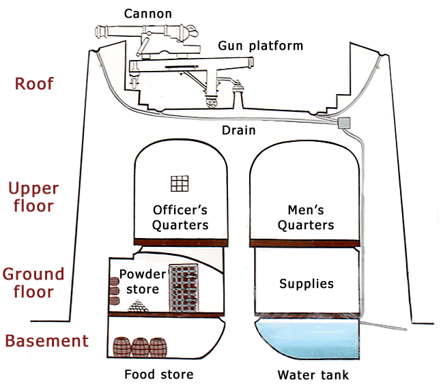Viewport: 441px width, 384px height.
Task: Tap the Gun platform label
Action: pos(260,46)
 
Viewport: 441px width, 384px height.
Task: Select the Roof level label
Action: pos(34,85)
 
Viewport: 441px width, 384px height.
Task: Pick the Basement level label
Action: pos(46,341)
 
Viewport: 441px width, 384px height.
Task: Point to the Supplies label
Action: pos(307,282)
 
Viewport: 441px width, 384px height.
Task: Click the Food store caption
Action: pos(158,374)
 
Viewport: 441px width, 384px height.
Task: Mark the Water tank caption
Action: pos(313,374)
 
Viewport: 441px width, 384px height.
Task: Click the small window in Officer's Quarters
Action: pos(179,185)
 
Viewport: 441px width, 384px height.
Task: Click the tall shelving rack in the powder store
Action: pos(183,287)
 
